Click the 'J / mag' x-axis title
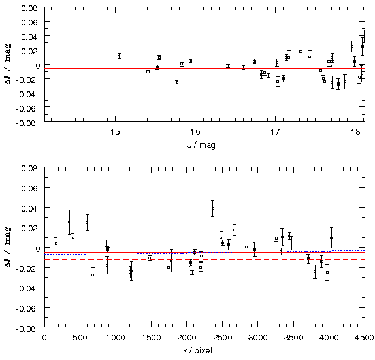tap(201, 144)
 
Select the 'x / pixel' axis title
tap(197, 351)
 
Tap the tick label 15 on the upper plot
tap(115, 132)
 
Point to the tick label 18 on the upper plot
tap(356, 132)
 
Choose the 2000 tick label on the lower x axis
tap(187, 338)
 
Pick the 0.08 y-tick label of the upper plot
tap(29, 8)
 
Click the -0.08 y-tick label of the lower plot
tap(27, 329)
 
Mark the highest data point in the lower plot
tap(212, 208)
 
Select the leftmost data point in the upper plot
tap(119, 56)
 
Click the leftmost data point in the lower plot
tap(56, 244)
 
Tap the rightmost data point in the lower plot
tap(331, 238)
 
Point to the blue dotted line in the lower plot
tap(204, 252)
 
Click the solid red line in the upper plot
tap(204, 68)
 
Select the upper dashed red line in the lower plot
tap(204, 246)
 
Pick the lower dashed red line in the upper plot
tap(204, 73)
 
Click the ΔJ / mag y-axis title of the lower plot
tap(8, 248)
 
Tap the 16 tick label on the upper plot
tap(195, 132)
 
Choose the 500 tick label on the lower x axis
tap(80, 338)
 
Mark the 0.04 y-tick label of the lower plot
tap(29, 208)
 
